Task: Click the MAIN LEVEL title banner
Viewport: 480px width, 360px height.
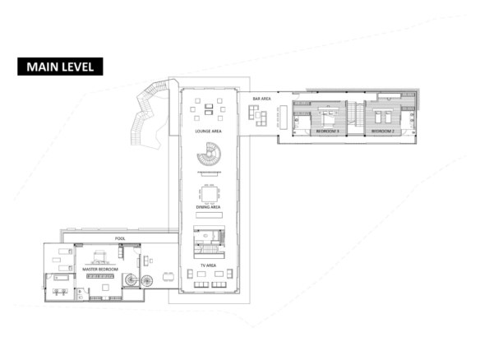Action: point(60,67)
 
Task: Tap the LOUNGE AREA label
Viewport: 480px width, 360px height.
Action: point(208,131)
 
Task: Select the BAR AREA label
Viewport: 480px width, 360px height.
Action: point(261,99)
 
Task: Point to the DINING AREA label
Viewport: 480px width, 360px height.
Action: point(208,207)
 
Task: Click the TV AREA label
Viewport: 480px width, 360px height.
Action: point(208,265)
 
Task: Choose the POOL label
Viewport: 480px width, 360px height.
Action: point(120,238)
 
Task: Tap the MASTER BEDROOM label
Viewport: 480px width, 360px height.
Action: point(100,269)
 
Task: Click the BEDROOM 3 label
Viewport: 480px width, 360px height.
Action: point(328,131)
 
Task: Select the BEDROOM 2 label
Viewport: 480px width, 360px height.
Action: point(383,131)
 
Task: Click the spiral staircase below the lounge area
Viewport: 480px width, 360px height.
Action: point(209,154)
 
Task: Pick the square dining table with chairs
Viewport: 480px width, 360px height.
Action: point(210,195)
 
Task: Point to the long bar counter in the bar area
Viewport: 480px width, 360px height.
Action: point(284,118)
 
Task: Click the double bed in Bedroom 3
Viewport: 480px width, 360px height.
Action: point(329,117)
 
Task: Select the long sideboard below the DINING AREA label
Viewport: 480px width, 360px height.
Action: point(209,215)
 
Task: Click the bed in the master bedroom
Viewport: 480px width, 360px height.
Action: point(99,257)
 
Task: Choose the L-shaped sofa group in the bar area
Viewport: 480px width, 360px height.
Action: point(258,116)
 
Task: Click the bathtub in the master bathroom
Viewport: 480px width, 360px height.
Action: point(61,278)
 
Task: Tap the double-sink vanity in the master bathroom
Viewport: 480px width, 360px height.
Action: point(60,291)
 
